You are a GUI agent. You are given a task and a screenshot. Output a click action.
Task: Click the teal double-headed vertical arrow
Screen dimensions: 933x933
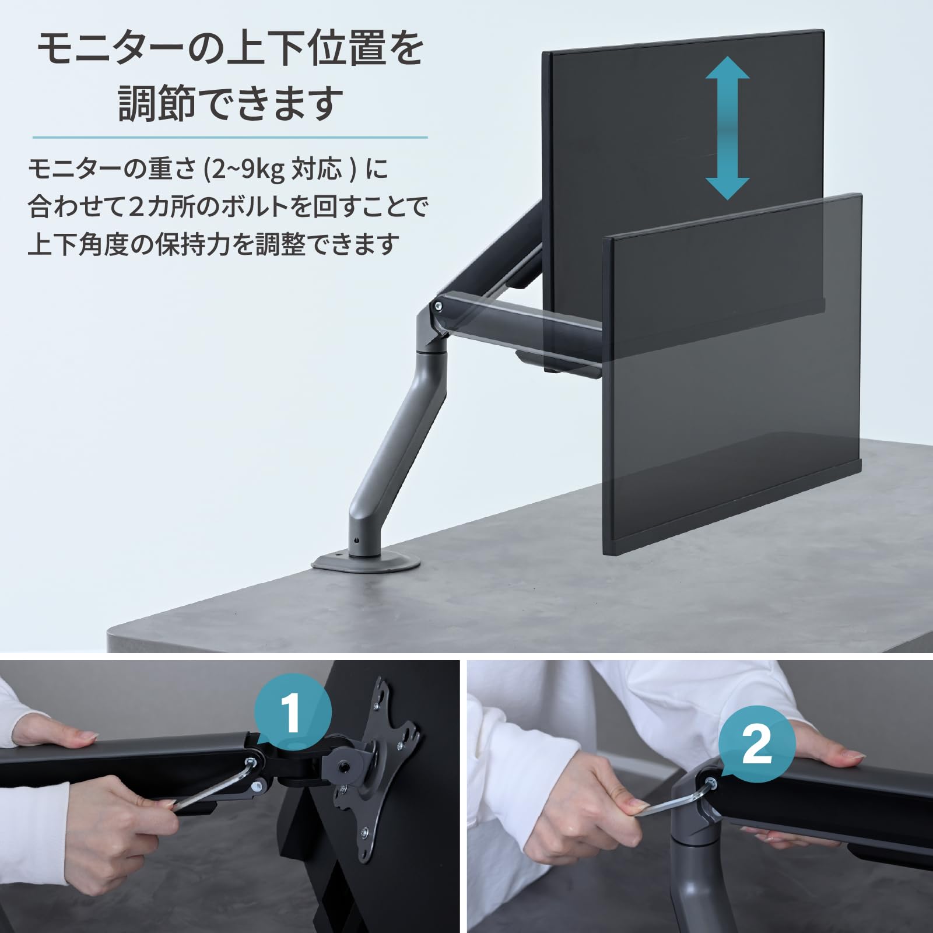[x=727, y=128]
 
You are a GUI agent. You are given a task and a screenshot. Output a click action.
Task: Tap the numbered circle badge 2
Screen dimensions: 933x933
[x=757, y=745]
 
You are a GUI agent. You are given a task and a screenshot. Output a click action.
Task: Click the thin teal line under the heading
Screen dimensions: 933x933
[x=230, y=138]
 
